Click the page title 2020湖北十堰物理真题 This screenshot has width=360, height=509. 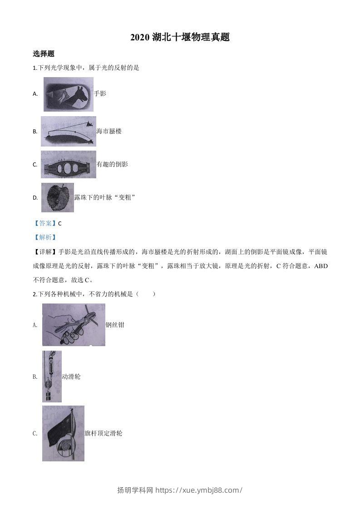click(x=180, y=38)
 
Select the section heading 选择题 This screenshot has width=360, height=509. click(x=44, y=54)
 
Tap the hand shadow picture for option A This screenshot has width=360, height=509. click(x=68, y=94)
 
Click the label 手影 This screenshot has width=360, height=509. click(x=100, y=93)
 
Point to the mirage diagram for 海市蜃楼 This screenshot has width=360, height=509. click(x=68, y=132)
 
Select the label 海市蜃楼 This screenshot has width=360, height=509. click(x=109, y=132)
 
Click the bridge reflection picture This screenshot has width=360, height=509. click(x=68, y=164)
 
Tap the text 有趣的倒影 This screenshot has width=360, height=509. click(x=112, y=164)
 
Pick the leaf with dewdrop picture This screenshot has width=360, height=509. click(x=57, y=197)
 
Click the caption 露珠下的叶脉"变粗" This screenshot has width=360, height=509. click(x=105, y=197)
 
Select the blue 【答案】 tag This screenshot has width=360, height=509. click(x=45, y=223)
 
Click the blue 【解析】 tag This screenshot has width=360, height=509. click(x=45, y=237)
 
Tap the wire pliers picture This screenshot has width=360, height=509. click(x=74, y=325)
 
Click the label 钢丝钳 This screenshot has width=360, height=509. click(x=115, y=325)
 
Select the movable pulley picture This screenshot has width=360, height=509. click(x=52, y=377)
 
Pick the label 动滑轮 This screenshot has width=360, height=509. click(x=71, y=377)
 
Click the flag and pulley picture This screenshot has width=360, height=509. click(x=63, y=433)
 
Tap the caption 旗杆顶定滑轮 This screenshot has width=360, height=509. click(x=104, y=433)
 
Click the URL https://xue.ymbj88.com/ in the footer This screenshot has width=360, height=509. click(x=199, y=490)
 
